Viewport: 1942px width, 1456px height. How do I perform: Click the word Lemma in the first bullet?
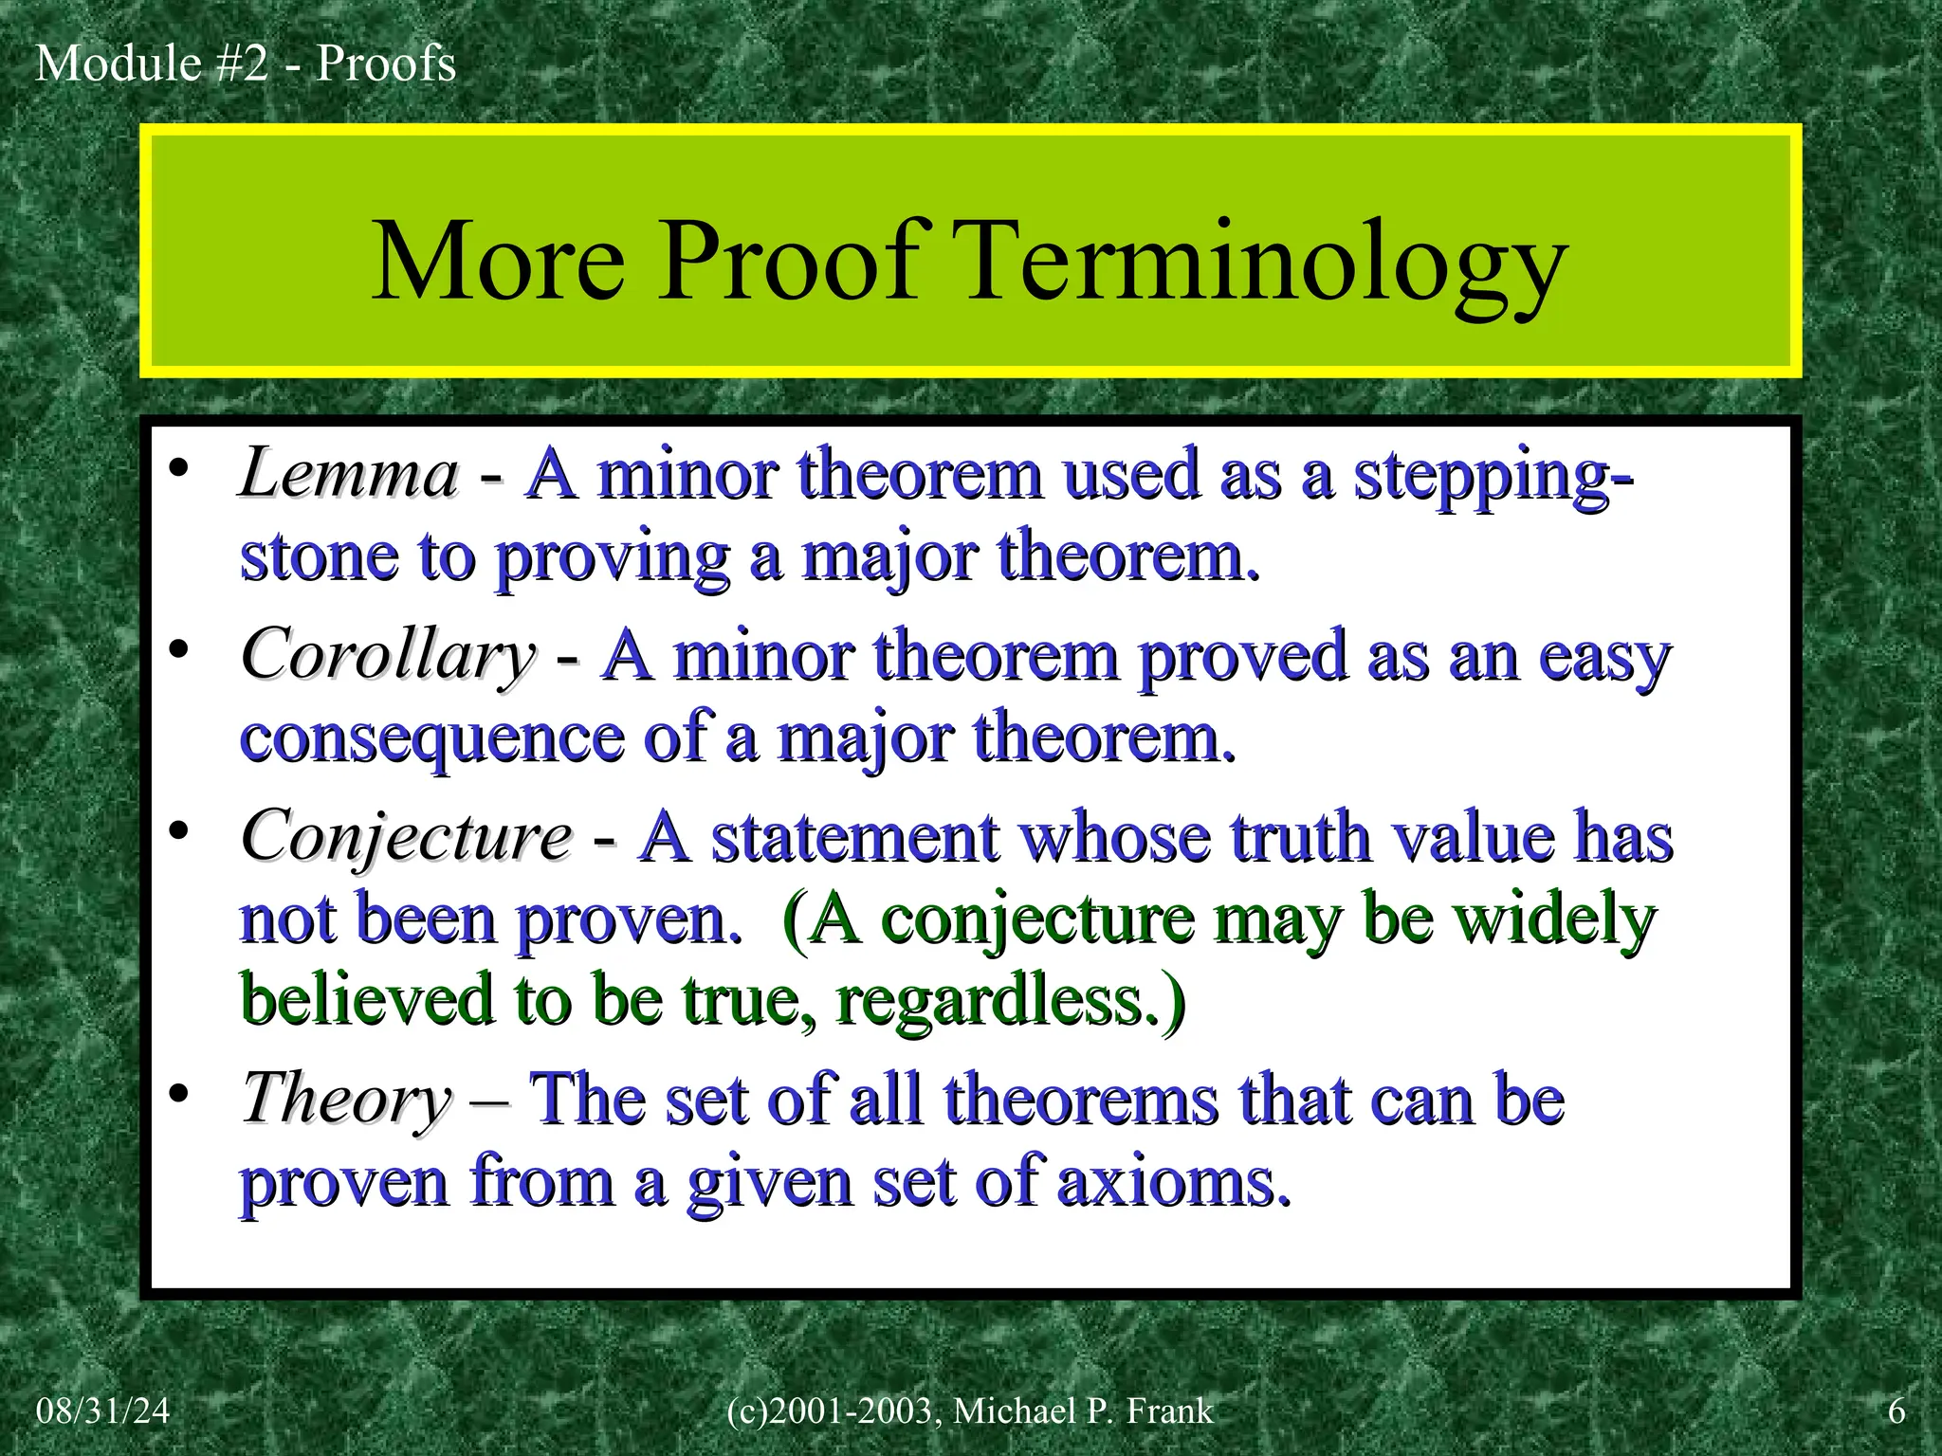(349, 474)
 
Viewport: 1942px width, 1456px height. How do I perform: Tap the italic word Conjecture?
(407, 838)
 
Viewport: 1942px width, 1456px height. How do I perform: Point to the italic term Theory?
(347, 1100)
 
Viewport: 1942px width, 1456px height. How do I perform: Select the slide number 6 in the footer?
(1896, 1411)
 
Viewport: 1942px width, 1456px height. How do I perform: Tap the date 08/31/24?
(102, 1411)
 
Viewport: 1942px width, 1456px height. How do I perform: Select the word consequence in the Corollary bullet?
(431, 739)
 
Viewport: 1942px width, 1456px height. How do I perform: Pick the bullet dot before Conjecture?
(179, 832)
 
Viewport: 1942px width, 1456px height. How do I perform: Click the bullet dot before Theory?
(179, 1094)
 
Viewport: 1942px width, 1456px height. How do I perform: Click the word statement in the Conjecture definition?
(855, 838)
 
